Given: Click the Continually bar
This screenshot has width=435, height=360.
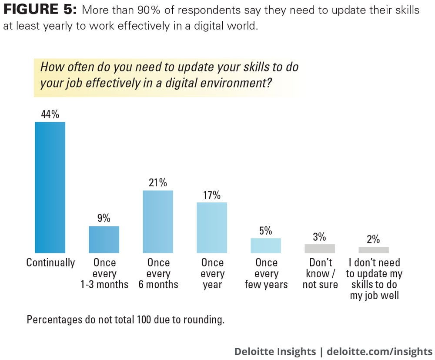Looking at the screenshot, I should pos(50,187).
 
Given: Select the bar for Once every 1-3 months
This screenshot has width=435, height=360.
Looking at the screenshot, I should pos(104,239).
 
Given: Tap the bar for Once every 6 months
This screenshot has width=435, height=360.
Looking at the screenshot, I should pos(158,222).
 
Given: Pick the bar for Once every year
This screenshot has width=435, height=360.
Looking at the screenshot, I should pos(212,227).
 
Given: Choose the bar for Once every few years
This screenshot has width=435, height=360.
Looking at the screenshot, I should pos(266,246).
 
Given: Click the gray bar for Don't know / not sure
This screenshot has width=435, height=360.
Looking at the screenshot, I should pos(320,249).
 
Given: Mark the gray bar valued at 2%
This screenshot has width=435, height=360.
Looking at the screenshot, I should pos(374,250).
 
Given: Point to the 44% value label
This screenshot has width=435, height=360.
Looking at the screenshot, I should pos(50,114).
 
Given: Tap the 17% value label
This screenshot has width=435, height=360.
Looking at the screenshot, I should pos(212,195).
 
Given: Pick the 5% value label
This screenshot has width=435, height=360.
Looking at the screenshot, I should pos(266,231).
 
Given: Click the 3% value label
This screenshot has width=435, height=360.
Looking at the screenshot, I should pos(320,237).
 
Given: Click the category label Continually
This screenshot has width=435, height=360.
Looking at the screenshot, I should pos(50,263).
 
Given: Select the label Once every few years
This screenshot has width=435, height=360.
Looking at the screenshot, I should pos(266,274).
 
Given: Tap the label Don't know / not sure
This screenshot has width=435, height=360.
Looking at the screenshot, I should pos(320,274).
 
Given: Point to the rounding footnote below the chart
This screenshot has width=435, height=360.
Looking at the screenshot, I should pos(126,320).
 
